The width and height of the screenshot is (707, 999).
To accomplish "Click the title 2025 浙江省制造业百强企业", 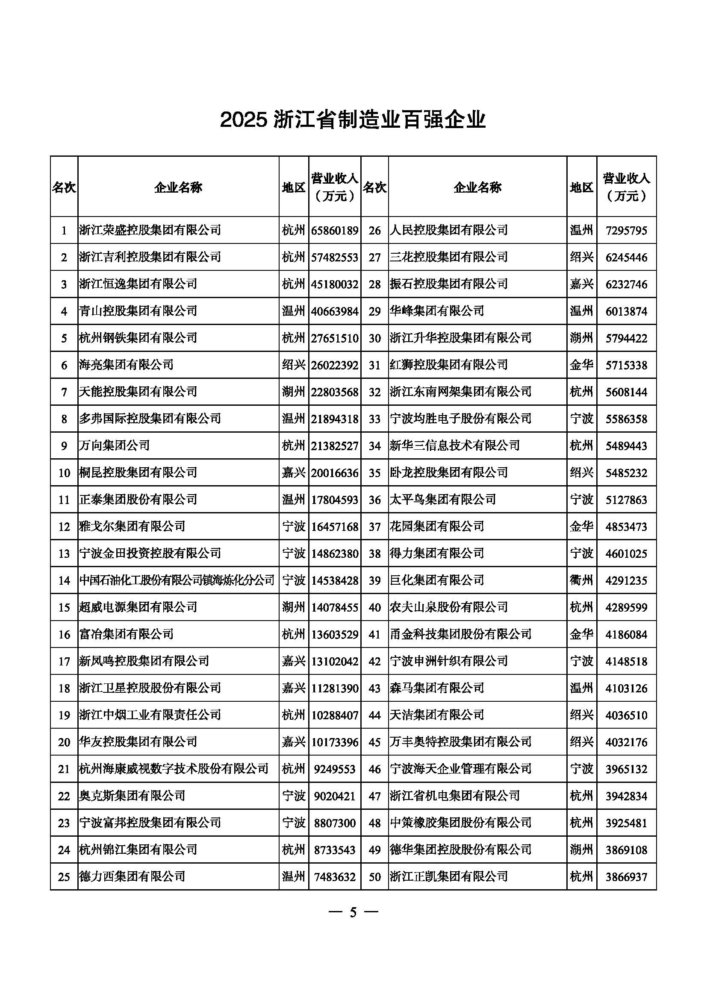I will click(x=353, y=120).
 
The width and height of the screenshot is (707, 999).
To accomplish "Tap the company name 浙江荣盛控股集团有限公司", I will click(x=150, y=230).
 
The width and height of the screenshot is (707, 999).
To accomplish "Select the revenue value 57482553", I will click(x=334, y=257).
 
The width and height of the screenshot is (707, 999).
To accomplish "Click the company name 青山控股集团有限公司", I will click(x=138, y=311).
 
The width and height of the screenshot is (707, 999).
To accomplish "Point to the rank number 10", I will click(x=64, y=472).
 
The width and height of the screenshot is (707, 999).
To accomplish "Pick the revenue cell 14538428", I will click(x=334, y=580).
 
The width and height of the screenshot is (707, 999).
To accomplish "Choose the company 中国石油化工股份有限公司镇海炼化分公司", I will click(x=177, y=580).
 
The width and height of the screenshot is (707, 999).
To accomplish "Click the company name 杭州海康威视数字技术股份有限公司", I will click(x=174, y=769).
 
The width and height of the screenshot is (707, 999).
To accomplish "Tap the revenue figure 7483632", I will click(x=334, y=877).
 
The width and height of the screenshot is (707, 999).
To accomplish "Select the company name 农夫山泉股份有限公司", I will click(x=448, y=607).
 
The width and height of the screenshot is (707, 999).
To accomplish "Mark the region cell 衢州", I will click(x=581, y=580).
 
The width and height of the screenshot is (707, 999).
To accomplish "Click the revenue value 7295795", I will click(x=626, y=230).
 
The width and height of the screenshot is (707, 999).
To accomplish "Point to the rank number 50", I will click(x=374, y=877).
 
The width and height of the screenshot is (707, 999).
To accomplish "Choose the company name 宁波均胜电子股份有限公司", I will click(x=460, y=419).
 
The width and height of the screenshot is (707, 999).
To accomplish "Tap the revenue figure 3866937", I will click(x=626, y=877).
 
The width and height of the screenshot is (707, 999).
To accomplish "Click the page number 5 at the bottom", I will click(x=353, y=912).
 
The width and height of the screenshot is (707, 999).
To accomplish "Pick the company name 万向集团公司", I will click(x=115, y=445).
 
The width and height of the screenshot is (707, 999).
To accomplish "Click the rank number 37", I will click(x=374, y=527).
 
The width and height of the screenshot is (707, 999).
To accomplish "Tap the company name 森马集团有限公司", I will click(x=437, y=688).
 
